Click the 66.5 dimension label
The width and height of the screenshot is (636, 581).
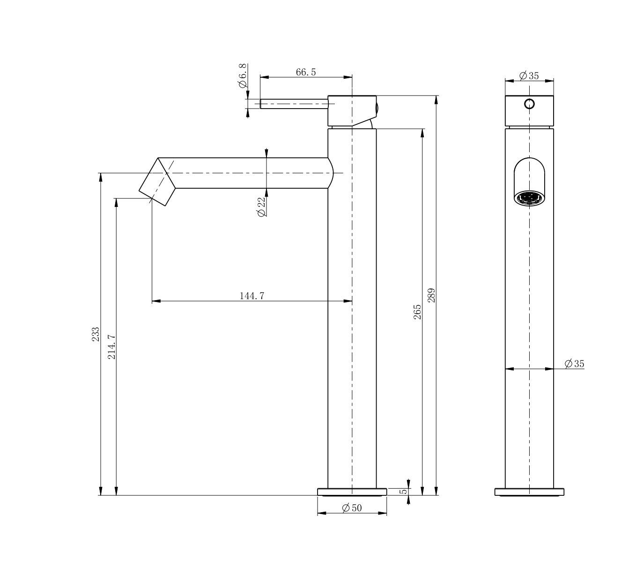[306, 72]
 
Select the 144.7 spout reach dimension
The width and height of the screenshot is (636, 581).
[251, 296]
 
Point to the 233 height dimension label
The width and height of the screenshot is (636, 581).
[96, 334]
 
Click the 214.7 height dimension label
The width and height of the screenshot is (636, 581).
[111, 346]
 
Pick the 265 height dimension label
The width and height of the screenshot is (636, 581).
[417, 312]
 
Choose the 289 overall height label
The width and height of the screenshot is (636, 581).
[431, 295]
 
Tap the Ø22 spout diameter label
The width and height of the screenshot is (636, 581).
[261, 206]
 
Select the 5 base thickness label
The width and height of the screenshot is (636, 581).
[404, 492]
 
